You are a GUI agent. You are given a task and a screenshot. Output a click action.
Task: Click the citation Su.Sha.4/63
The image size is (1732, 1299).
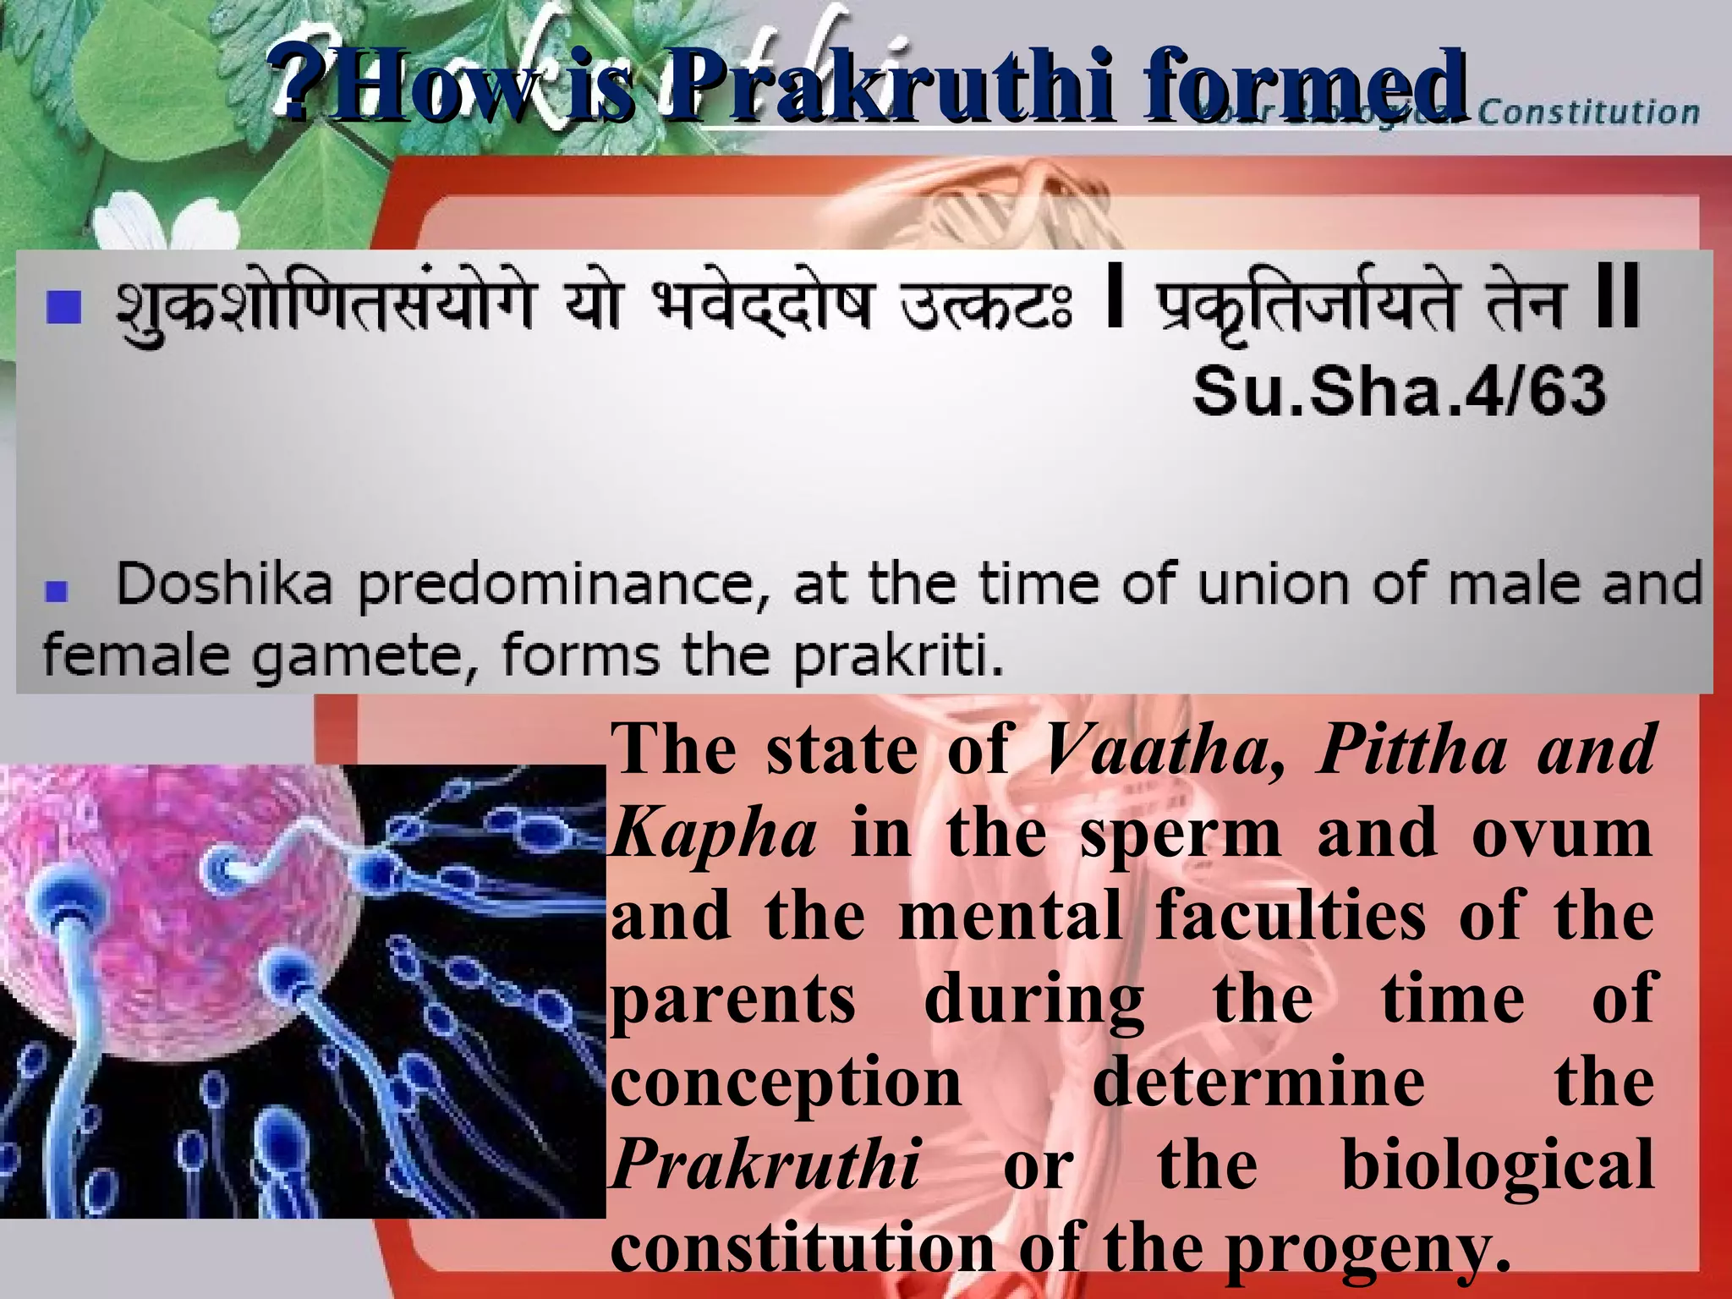[x=1399, y=392]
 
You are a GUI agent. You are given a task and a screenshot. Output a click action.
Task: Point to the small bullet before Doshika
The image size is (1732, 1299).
[x=57, y=590]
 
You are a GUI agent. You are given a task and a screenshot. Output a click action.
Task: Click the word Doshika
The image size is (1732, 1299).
[x=224, y=584]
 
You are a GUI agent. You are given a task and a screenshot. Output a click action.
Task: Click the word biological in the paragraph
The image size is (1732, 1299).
[x=1498, y=1165]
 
